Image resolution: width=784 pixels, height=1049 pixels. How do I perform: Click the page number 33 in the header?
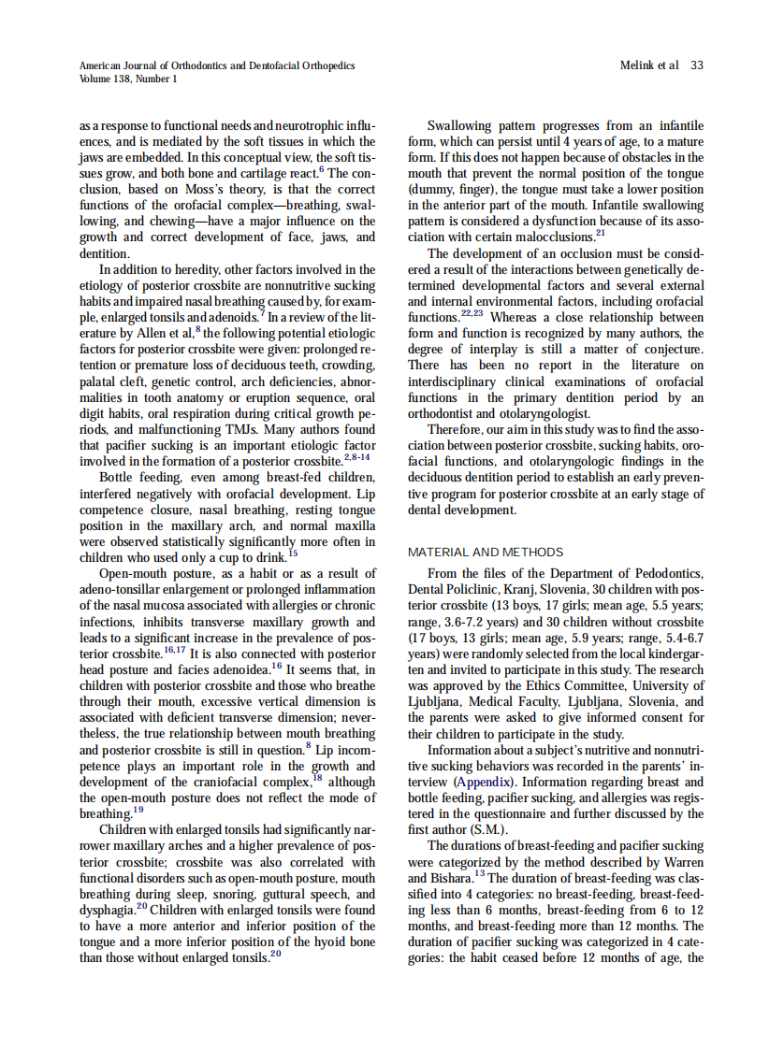697,65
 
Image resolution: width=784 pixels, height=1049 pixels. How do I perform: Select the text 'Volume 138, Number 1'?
128,79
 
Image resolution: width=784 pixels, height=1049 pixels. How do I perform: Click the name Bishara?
455,878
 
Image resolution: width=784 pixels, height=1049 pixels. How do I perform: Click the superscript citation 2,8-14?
359,456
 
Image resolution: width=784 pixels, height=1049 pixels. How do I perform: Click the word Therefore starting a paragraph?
457,430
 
